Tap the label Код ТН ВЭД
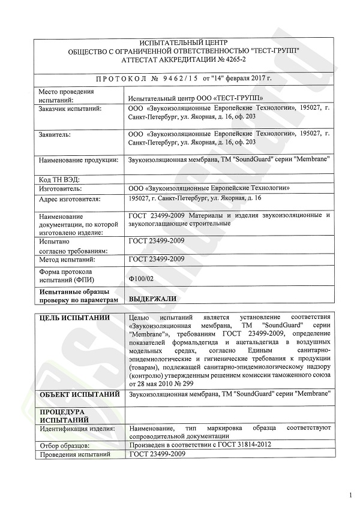coord(59,179)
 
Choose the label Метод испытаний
coord(68,260)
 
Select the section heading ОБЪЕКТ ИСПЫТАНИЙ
coord(78,393)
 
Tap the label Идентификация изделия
coord(77,429)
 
